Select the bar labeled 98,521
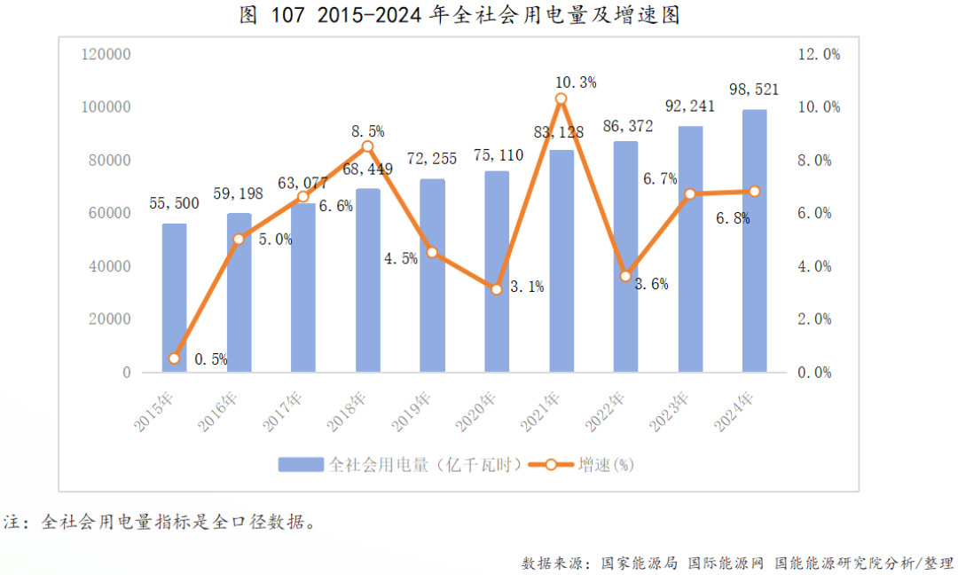coord(754,240)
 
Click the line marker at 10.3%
coord(561,99)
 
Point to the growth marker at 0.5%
coord(174,358)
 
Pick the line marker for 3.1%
coord(497,289)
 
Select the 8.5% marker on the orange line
coord(367,146)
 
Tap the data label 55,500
coord(174,203)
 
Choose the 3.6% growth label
coord(651,285)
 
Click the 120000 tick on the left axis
coord(106,54)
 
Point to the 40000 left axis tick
coord(110,266)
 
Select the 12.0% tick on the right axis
coord(818,54)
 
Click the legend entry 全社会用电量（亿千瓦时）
coord(399,464)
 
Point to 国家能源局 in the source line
coord(640,563)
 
